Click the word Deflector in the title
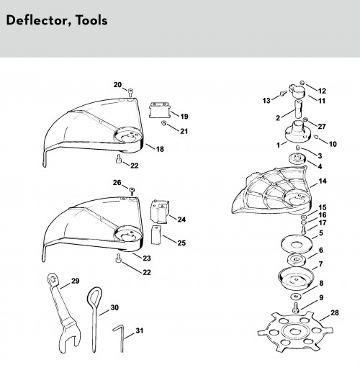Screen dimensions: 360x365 [x=35, y=20]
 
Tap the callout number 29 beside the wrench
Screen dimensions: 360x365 [x=76, y=281]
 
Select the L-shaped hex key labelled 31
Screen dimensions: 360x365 [x=120, y=338]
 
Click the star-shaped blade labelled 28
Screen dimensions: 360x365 [x=295, y=333]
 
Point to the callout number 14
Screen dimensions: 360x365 [x=323, y=181]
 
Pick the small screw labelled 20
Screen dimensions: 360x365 [x=130, y=92]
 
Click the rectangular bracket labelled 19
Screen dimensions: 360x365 [x=159, y=110]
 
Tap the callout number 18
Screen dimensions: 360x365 [x=160, y=149]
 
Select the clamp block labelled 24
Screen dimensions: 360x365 [x=159, y=212]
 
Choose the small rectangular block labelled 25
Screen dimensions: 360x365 [x=156, y=235]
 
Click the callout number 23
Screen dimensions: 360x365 [x=147, y=258]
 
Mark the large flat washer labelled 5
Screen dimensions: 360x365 [x=297, y=244]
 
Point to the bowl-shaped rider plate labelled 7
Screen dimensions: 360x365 [x=296, y=278]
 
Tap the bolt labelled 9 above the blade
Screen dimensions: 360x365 [x=295, y=307]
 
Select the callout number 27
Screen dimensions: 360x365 [x=322, y=126]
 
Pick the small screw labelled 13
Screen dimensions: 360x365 [x=283, y=93]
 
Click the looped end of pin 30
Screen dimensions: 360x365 [x=94, y=297]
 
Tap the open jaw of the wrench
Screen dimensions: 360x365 [x=71, y=338]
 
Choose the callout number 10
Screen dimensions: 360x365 [x=333, y=144]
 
